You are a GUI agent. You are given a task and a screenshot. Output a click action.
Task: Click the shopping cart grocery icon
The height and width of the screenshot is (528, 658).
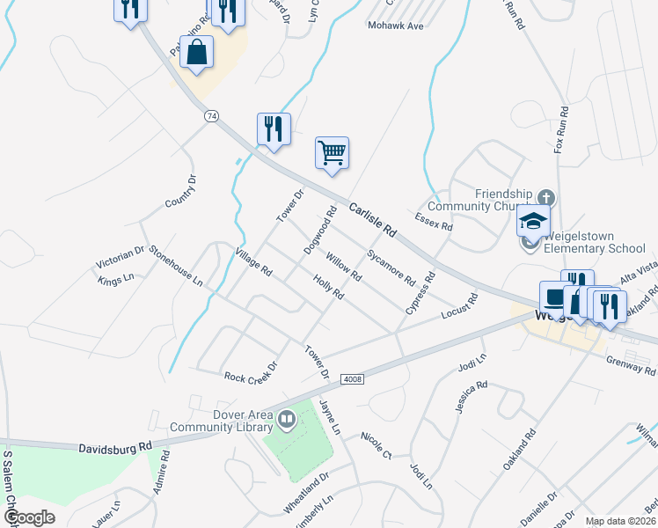coord(333,153)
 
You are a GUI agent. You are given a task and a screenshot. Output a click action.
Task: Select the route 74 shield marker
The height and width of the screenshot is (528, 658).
coord(211,116)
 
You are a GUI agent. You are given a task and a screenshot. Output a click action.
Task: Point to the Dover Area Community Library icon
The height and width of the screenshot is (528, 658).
coord(286,421)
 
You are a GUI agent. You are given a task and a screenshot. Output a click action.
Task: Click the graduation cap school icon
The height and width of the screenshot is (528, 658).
coord(533,220)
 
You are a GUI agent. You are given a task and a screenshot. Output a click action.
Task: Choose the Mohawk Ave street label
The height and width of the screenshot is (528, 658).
coord(396,26)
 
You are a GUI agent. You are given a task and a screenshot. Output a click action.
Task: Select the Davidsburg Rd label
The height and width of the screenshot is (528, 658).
coord(114,449)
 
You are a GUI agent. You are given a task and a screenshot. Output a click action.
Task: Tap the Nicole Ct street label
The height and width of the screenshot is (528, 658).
coord(376,445)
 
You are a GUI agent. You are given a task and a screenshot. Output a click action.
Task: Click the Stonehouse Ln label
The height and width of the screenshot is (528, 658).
coord(176,267)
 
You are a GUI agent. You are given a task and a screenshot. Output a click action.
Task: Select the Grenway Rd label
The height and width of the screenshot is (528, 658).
coord(631,365)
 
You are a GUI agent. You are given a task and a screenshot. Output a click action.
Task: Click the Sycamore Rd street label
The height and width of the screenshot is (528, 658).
coord(391,268)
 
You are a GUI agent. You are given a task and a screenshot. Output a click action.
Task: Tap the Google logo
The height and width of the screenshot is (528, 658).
coord(30,517)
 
